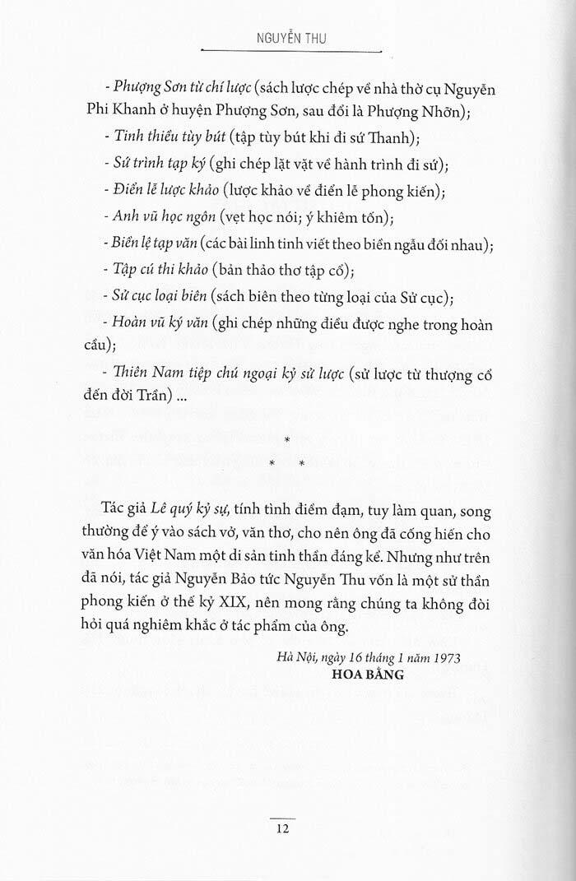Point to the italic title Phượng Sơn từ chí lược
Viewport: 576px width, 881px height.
coord(183,88)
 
